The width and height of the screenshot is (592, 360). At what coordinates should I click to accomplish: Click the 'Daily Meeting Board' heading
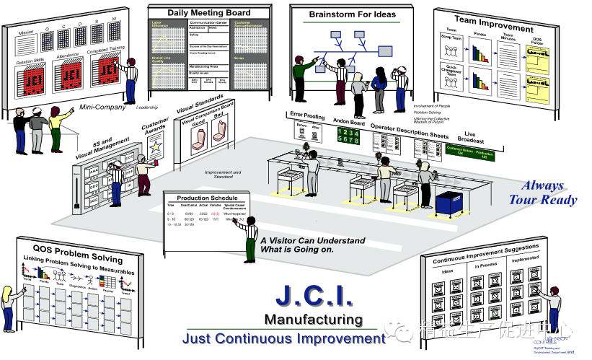[x=209, y=13]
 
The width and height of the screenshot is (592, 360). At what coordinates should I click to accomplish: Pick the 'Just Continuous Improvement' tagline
[x=279, y=338]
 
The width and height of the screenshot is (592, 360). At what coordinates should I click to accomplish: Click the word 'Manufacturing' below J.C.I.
[x=313, y=319]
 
